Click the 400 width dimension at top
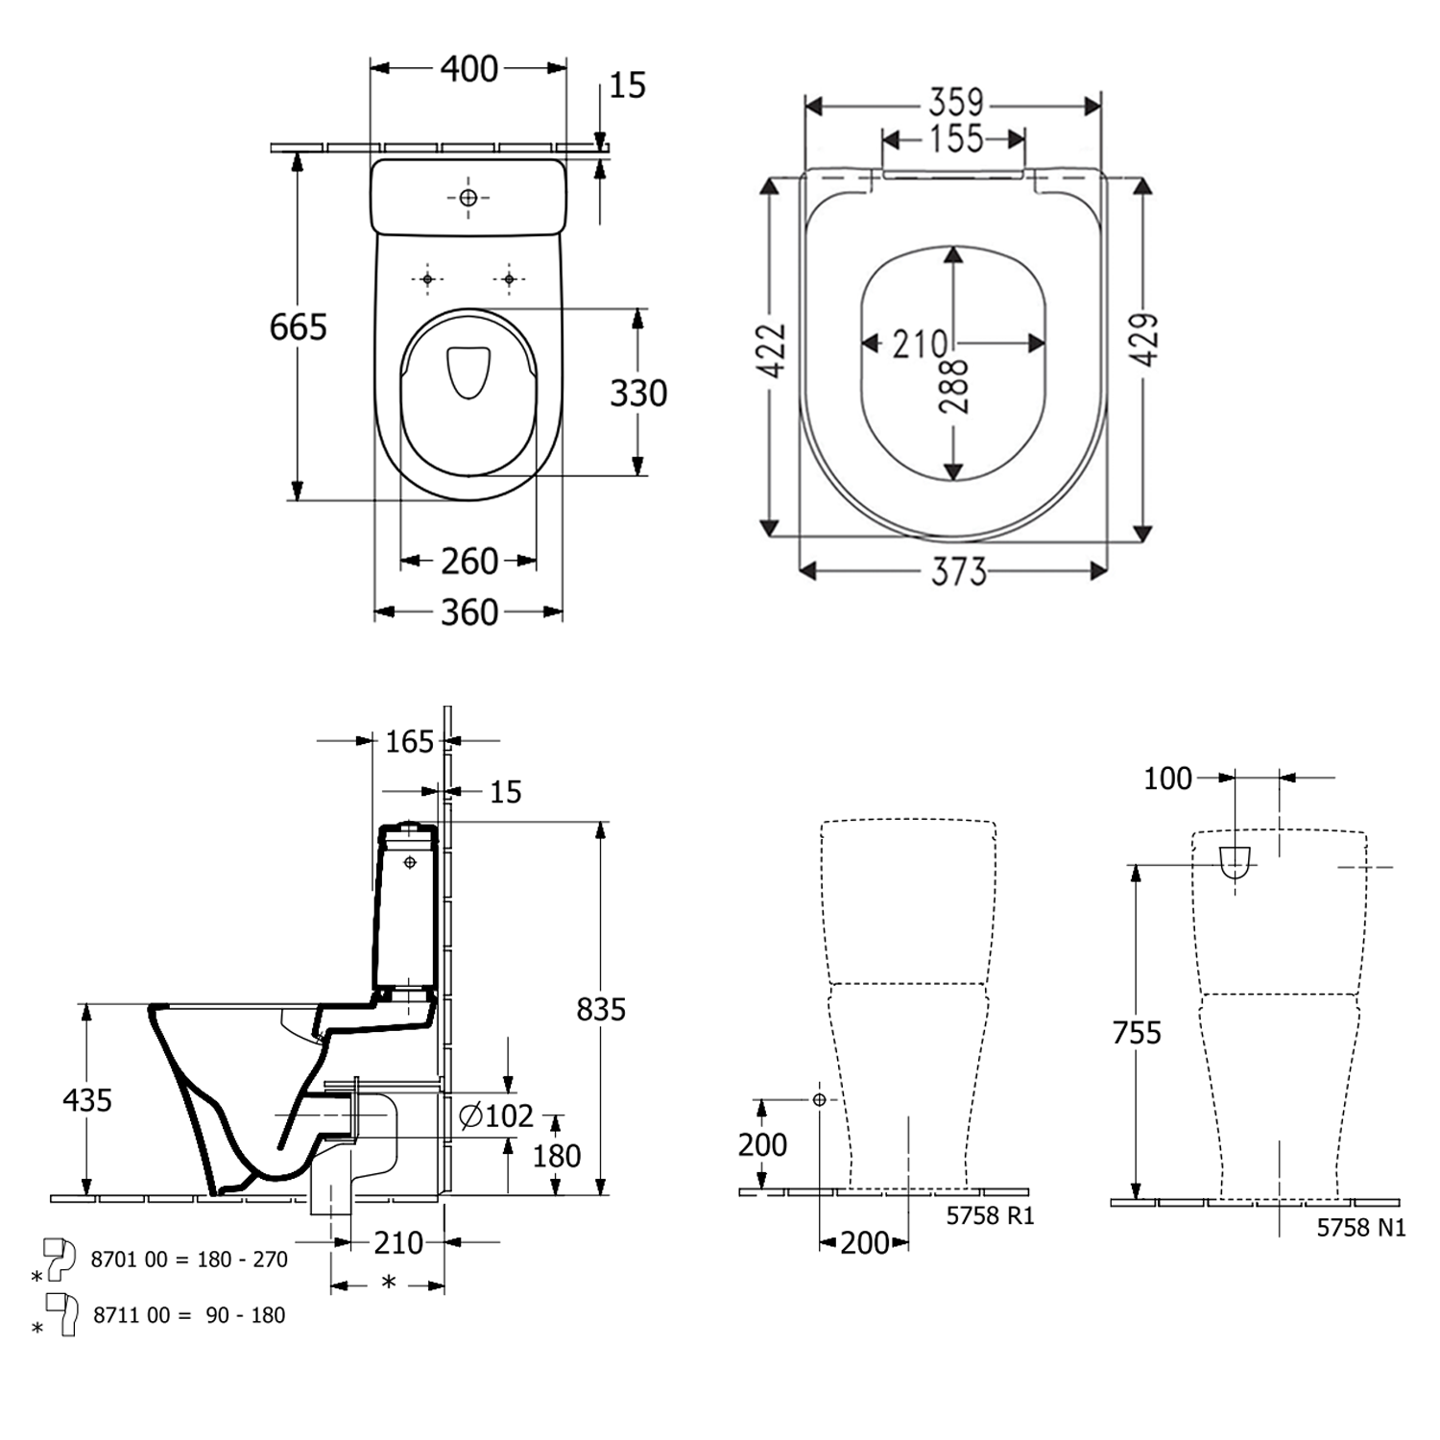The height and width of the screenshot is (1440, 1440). pos(468,69)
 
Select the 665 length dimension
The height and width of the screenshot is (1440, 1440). pos(298,327)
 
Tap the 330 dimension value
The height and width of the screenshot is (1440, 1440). pos(638,393)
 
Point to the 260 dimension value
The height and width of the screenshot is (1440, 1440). pos(468,562)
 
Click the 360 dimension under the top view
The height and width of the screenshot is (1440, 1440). pos(468,612)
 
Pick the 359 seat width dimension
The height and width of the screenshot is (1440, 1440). pos(955,103)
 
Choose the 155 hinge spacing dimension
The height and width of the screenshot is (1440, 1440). pos(955,140)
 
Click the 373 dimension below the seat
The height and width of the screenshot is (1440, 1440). pos(958,572)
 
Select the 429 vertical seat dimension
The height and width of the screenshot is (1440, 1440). pos(1144,340)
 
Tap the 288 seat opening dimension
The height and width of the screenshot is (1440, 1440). pos(954,386)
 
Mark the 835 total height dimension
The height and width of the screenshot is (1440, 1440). pos(601,1009)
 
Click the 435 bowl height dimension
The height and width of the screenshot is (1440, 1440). pos(87,1100)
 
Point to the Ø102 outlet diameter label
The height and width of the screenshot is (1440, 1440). pos(495,1116)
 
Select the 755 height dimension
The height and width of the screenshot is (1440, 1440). pos(1137,1033)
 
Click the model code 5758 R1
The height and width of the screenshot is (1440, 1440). pos(990,1215)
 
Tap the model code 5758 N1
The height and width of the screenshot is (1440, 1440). pos(1360,1227)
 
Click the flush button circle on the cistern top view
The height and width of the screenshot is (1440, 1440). pos(468,198)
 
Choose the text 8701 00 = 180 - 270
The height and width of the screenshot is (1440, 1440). pos(189,1260)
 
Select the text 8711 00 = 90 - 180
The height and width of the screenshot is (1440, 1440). pos(189,1315)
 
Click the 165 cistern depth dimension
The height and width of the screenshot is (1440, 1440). pos(409,742)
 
